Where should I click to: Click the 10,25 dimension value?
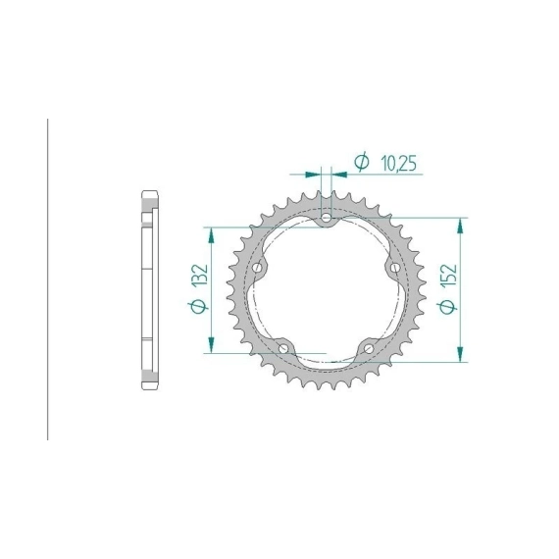[398, 164]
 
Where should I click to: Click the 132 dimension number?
[200, 275]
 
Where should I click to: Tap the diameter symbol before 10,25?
[362, 162]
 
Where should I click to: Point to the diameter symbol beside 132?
[198, 306]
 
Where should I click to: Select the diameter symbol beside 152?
[447, 306]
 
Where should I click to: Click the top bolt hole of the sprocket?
[326, 218]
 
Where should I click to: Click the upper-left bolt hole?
[257, 268]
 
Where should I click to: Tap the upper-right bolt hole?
[394, 268]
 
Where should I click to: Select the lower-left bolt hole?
[283, 348]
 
